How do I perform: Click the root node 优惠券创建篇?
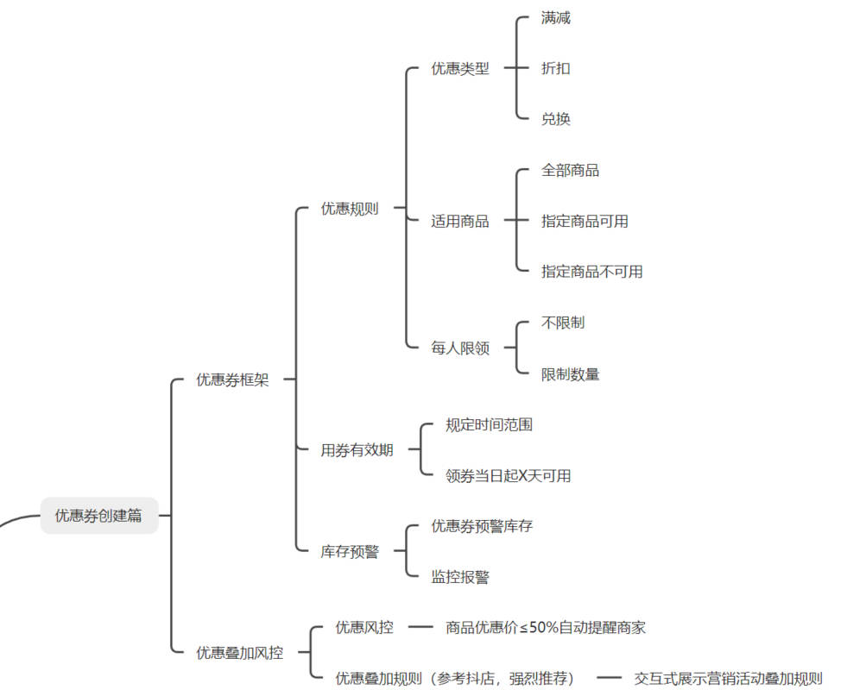click(x=99, y=516)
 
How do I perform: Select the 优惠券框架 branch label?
click(x=232, y=379)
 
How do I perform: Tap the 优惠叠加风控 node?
click(x=239, y=653)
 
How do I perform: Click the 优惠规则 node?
click(x=350, y=209)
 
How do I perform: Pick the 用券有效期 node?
click(x=357, y=450)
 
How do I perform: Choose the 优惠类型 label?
click(x=460, y=69)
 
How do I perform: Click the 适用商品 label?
click(x=460, y=222)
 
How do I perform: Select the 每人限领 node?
click(x=460, y=348)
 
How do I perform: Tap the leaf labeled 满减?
click(x=556, y=18)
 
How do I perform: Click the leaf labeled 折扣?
click(x=556, y=69)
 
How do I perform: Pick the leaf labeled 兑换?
click(x=556, y=119)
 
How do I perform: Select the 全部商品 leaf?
click(x=570, y=170)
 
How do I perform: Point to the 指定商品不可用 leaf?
click(x=591, y=272)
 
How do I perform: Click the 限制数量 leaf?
click(x=570, y=374)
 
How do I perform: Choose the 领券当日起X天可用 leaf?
click(x=508, y=476)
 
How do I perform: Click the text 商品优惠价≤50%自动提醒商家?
click(x=546, y=628)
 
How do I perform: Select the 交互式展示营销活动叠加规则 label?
click(x=728, y=678)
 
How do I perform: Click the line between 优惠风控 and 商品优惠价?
click(x=420, y=628)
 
